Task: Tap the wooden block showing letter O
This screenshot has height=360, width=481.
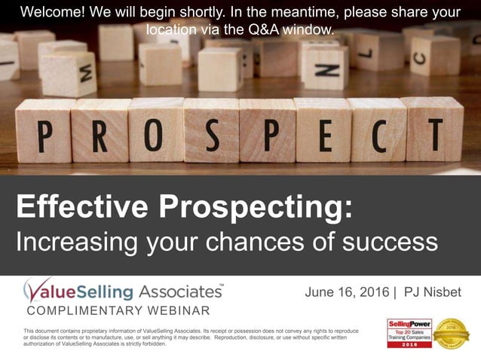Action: [x=157, y=130]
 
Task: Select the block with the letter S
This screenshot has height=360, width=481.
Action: [x=212, y=130]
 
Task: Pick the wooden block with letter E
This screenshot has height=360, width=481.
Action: [x=322, y=130]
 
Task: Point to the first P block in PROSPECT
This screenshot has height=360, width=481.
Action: [x=44, y=130]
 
